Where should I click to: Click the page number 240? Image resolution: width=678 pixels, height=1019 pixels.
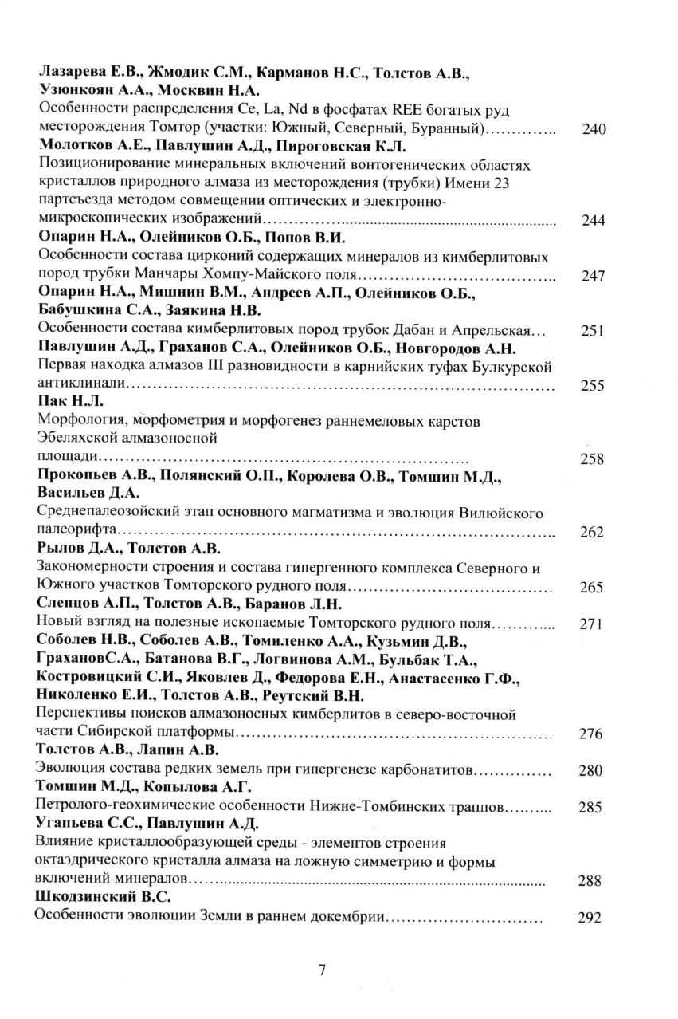pyautogui.click(x=594, y=130)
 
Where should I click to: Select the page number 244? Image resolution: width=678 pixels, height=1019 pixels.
pyautogui.click(x=594, y=221)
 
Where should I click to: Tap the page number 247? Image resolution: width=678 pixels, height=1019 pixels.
pyautogui.click(x=594, y=277)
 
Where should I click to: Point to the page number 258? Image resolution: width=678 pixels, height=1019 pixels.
pyautogui.click(x=593, y=459)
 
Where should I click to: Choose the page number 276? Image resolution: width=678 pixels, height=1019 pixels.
pyautogui.click(x=591, y=734)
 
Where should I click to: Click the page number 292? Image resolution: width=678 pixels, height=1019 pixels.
pyautogui.click(x=588, y=918)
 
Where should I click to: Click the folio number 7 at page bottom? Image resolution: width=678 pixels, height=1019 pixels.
pyautogui.click(x=322, y=970)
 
